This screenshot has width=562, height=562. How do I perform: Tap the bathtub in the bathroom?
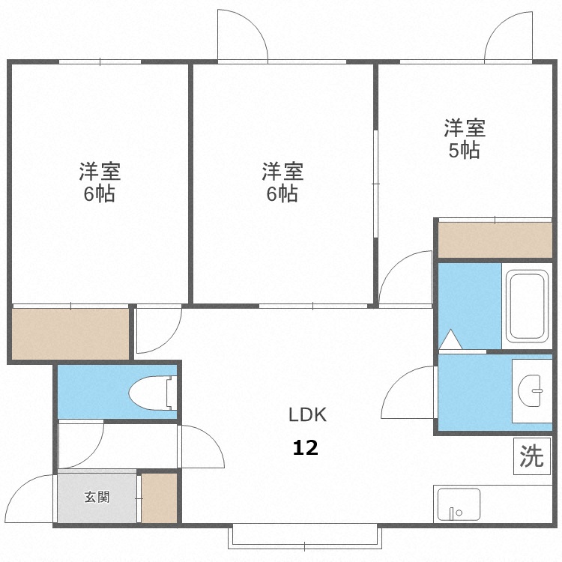(x=530, y=306)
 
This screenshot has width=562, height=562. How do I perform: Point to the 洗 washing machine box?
(x=531, y=456)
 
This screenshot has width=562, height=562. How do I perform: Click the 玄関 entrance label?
(x=97, y=497)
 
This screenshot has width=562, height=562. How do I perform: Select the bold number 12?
(x=305, y=448)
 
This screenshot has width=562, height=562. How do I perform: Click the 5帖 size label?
(x=464, y=150)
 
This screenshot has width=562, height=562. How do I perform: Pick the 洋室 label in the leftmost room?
(x=100, y=172)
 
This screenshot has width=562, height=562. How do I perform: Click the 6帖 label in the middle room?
(x=282, y=194)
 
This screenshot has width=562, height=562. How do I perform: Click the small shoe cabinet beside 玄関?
(x=159, y=498)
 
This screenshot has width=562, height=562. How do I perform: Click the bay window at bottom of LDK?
(x=306, y=537)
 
